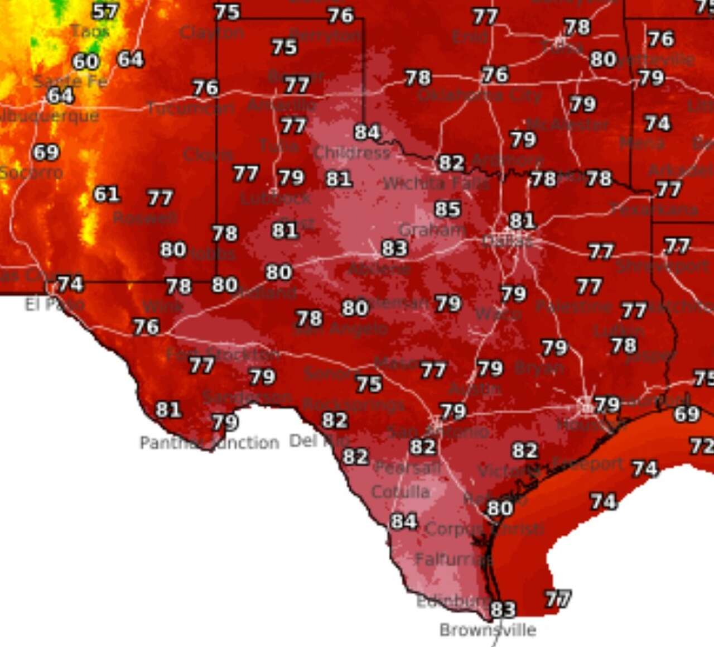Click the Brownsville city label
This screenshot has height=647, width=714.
(x=488, y=630)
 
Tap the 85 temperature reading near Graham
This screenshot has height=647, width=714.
(x=448, y=209)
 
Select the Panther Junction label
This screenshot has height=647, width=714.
(x=209, y=443)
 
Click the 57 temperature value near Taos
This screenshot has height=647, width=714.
(x=105, y=11)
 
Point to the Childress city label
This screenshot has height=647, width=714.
(x=352, y=152)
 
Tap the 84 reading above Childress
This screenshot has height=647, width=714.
(x=367, y=132)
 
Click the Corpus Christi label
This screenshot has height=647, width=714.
(x=484, y=528)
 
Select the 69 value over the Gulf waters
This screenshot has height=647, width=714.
(x=687, y=414)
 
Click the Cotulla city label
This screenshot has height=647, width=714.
(x=401, y=492)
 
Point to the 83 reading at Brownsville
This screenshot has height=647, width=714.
(x=503, y=609)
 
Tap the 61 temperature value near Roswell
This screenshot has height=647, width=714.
(x=107, y=194)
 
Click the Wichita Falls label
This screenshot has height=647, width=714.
(x=436, y=183)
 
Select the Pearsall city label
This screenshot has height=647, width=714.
(x=407, y=467)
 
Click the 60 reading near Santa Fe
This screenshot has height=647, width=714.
(x=85, y=61)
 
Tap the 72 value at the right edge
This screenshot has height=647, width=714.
(x=702, y=445)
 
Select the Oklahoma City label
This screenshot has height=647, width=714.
(x=479, y=95)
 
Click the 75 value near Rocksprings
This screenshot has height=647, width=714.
(x=369, y=384)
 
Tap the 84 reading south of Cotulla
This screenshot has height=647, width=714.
(x=404, y=521)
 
